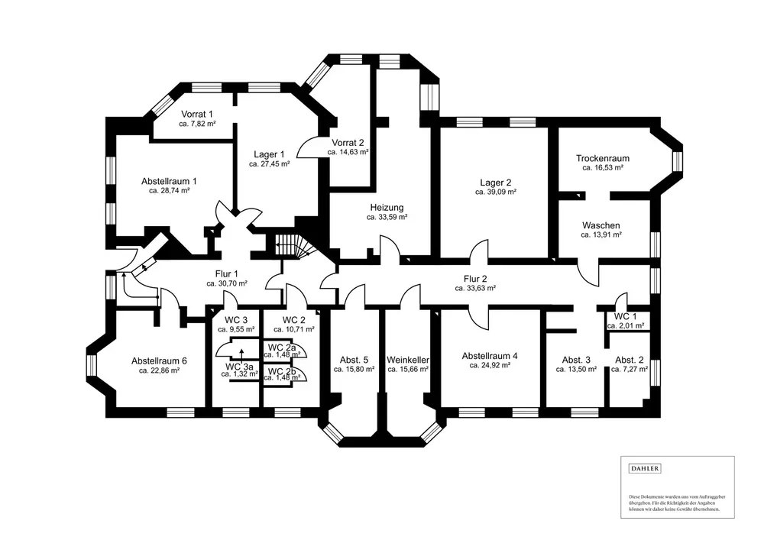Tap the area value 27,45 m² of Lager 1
(x=270, y=163)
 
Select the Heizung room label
(x=387, y=207)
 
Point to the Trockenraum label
(x=603, y=158)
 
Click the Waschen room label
(x=601, y=225)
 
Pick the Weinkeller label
(x=407, y=359)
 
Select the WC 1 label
(x=626, y=316)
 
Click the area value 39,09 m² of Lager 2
(x=496, y=192)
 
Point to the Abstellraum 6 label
(x=159, y=361)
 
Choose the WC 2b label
(x=281, y=371)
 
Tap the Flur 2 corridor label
(x=475, y=279)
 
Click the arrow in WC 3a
(x=241, y=352)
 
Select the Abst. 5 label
(x=354, y=359)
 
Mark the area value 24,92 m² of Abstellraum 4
(x=490, y=365)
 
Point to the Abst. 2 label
(x=630, y=359)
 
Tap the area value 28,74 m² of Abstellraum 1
(x=169, y=191)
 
